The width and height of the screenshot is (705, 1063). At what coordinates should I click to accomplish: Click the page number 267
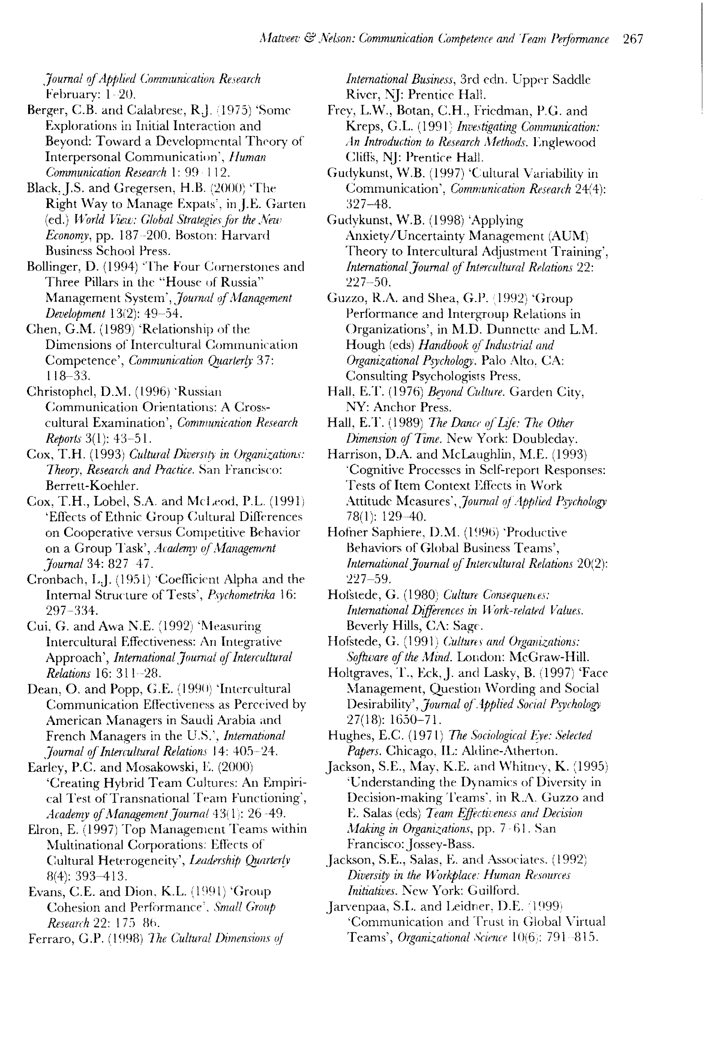tap(633, 39)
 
